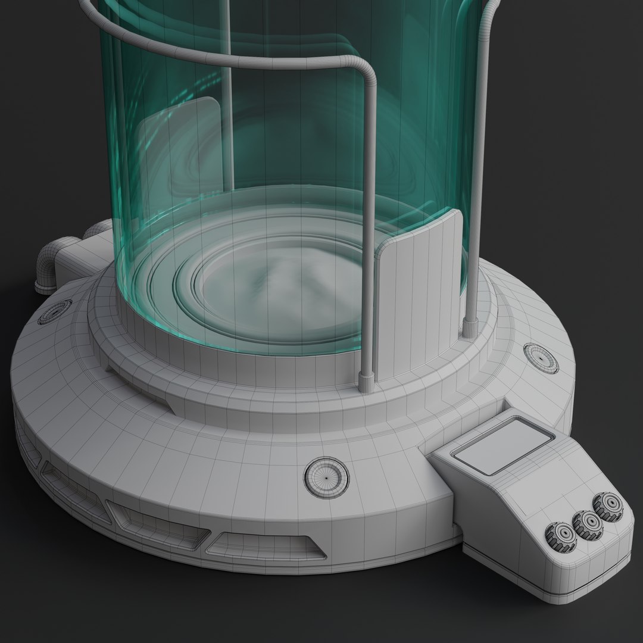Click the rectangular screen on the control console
pyautogui.click(x=503, y=445)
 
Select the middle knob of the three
pyautogui.click(x=587, y=523)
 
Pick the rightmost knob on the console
pyautogui.click(x=608, y=506)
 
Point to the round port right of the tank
pyautogui.click(x=541, y=358)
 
